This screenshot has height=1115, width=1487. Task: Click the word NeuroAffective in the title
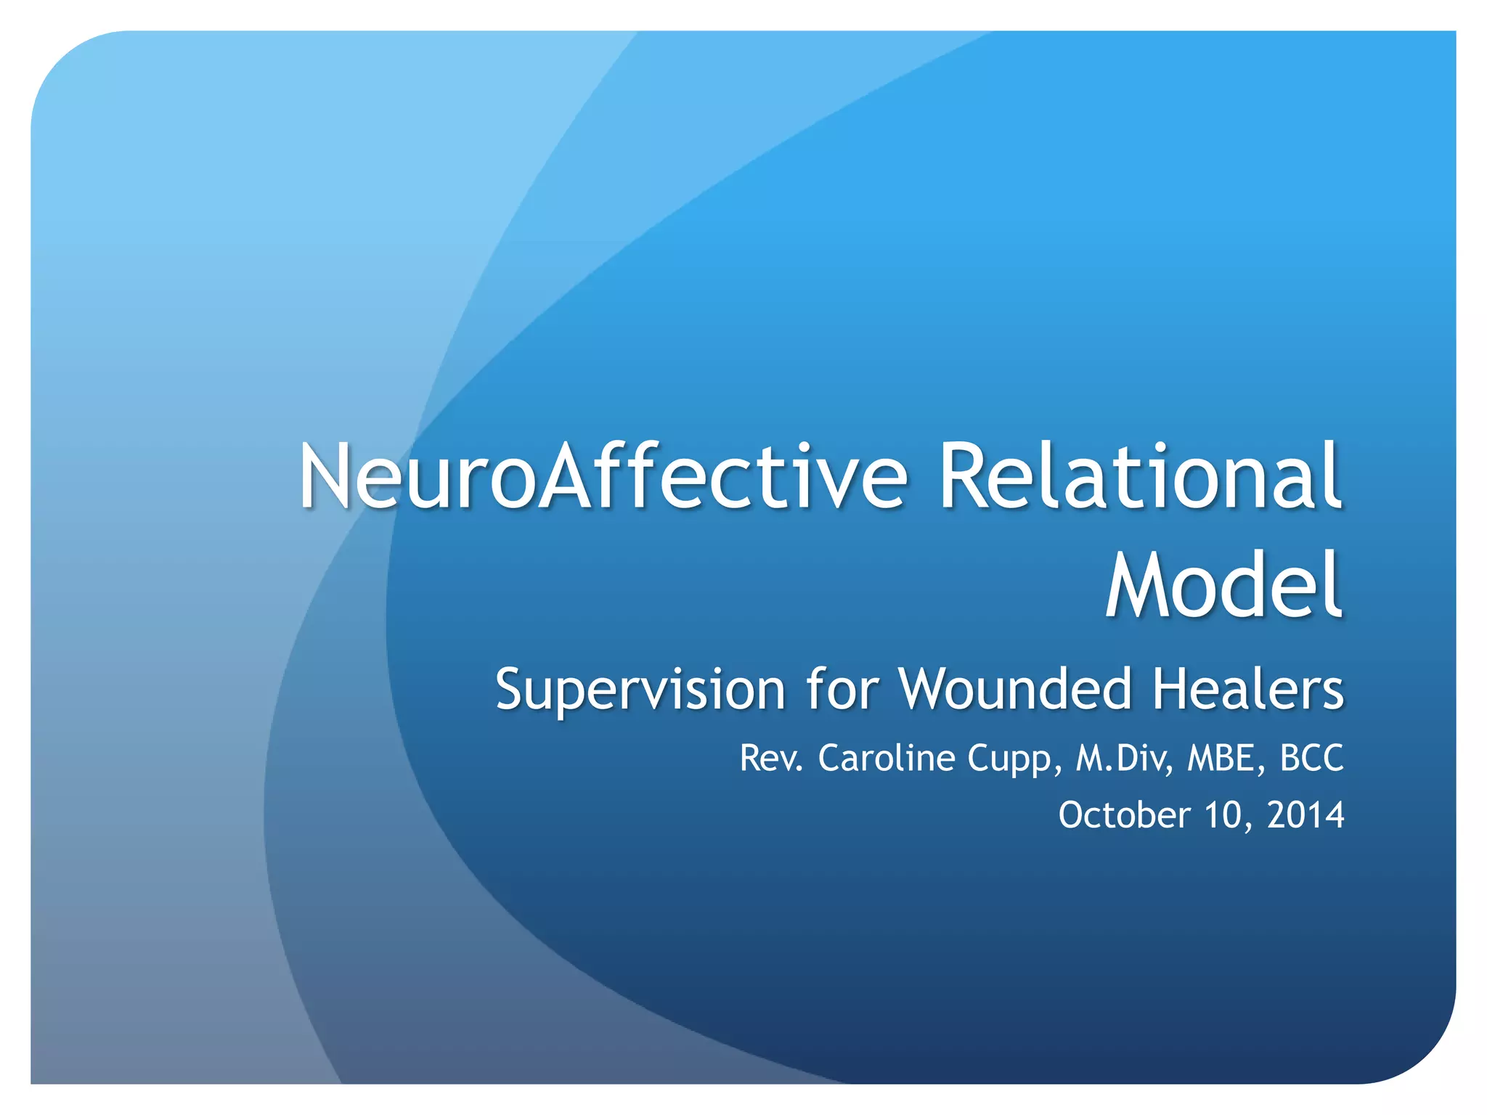(x=603, y=478)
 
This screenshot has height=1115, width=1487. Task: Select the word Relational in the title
(x=1140, y=478)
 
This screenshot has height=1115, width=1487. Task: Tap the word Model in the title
(x=1223, y=585)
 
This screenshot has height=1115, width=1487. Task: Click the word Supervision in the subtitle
(x=640, y=690)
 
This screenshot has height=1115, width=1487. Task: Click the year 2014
(x=1305, y=815)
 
